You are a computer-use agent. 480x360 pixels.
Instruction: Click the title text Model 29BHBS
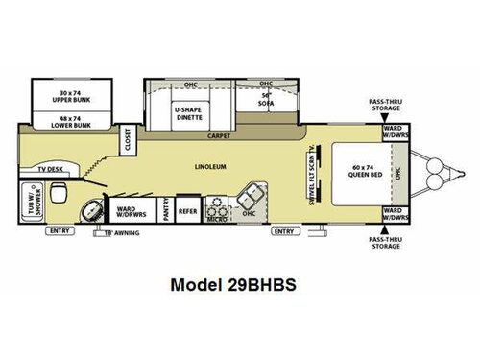[x=239, y=285]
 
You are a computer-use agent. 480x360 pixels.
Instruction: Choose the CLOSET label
[x=127, y=141]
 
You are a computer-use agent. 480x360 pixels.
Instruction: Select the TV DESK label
[x=50, y=170]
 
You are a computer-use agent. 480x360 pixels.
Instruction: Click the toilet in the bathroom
[x=59, y=195]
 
